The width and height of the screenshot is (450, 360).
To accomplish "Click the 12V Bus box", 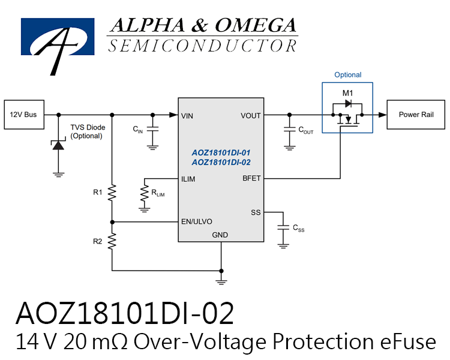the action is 24,115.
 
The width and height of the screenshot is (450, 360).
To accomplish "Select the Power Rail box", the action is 416,115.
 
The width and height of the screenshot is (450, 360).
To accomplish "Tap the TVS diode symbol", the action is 58,145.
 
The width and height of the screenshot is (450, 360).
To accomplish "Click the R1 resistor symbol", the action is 112,193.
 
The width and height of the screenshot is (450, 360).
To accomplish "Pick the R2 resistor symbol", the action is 112,241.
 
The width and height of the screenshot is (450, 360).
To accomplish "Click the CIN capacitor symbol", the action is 152,129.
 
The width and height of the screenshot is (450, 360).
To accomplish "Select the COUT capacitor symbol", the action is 290,129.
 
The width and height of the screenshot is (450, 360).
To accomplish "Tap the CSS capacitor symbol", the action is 283,227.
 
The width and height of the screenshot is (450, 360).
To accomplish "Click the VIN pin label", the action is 187,116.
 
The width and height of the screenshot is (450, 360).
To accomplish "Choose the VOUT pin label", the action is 251,116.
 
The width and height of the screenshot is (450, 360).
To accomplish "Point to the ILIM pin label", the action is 188,179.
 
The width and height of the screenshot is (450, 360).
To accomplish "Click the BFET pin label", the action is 251,178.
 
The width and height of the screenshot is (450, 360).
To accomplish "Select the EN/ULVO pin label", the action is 197,221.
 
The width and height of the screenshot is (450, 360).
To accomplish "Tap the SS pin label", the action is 256,212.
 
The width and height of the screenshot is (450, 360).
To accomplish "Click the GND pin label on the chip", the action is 220,235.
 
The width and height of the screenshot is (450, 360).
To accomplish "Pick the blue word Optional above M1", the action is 348,75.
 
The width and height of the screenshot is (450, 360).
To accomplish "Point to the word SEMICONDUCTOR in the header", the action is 202,46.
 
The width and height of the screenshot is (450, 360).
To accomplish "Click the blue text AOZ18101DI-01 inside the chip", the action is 221,152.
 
